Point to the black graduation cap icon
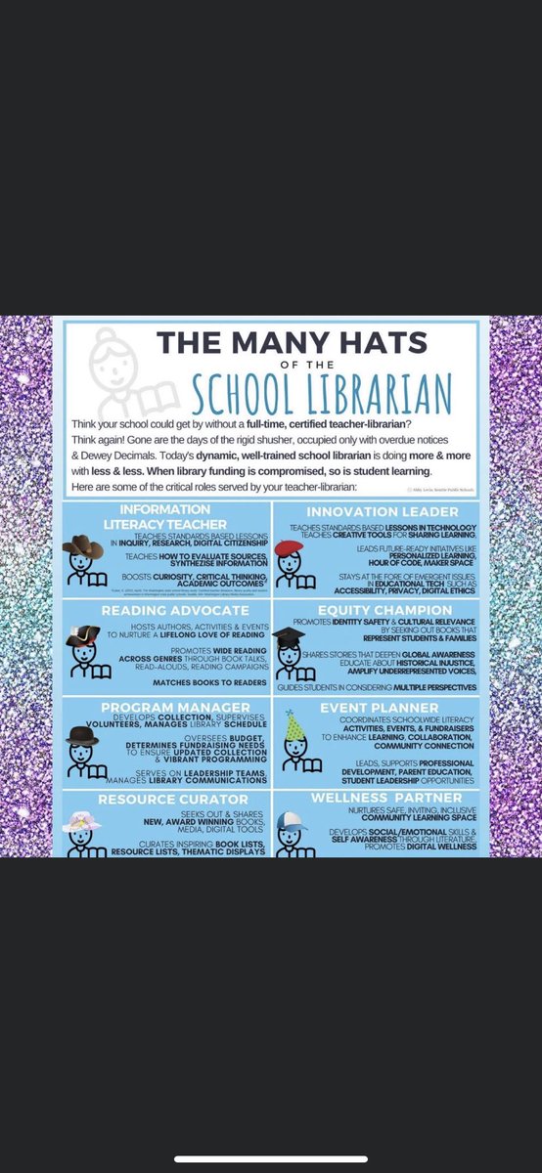click(x=289, y=635)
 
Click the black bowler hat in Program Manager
click(x=82, y=734)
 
